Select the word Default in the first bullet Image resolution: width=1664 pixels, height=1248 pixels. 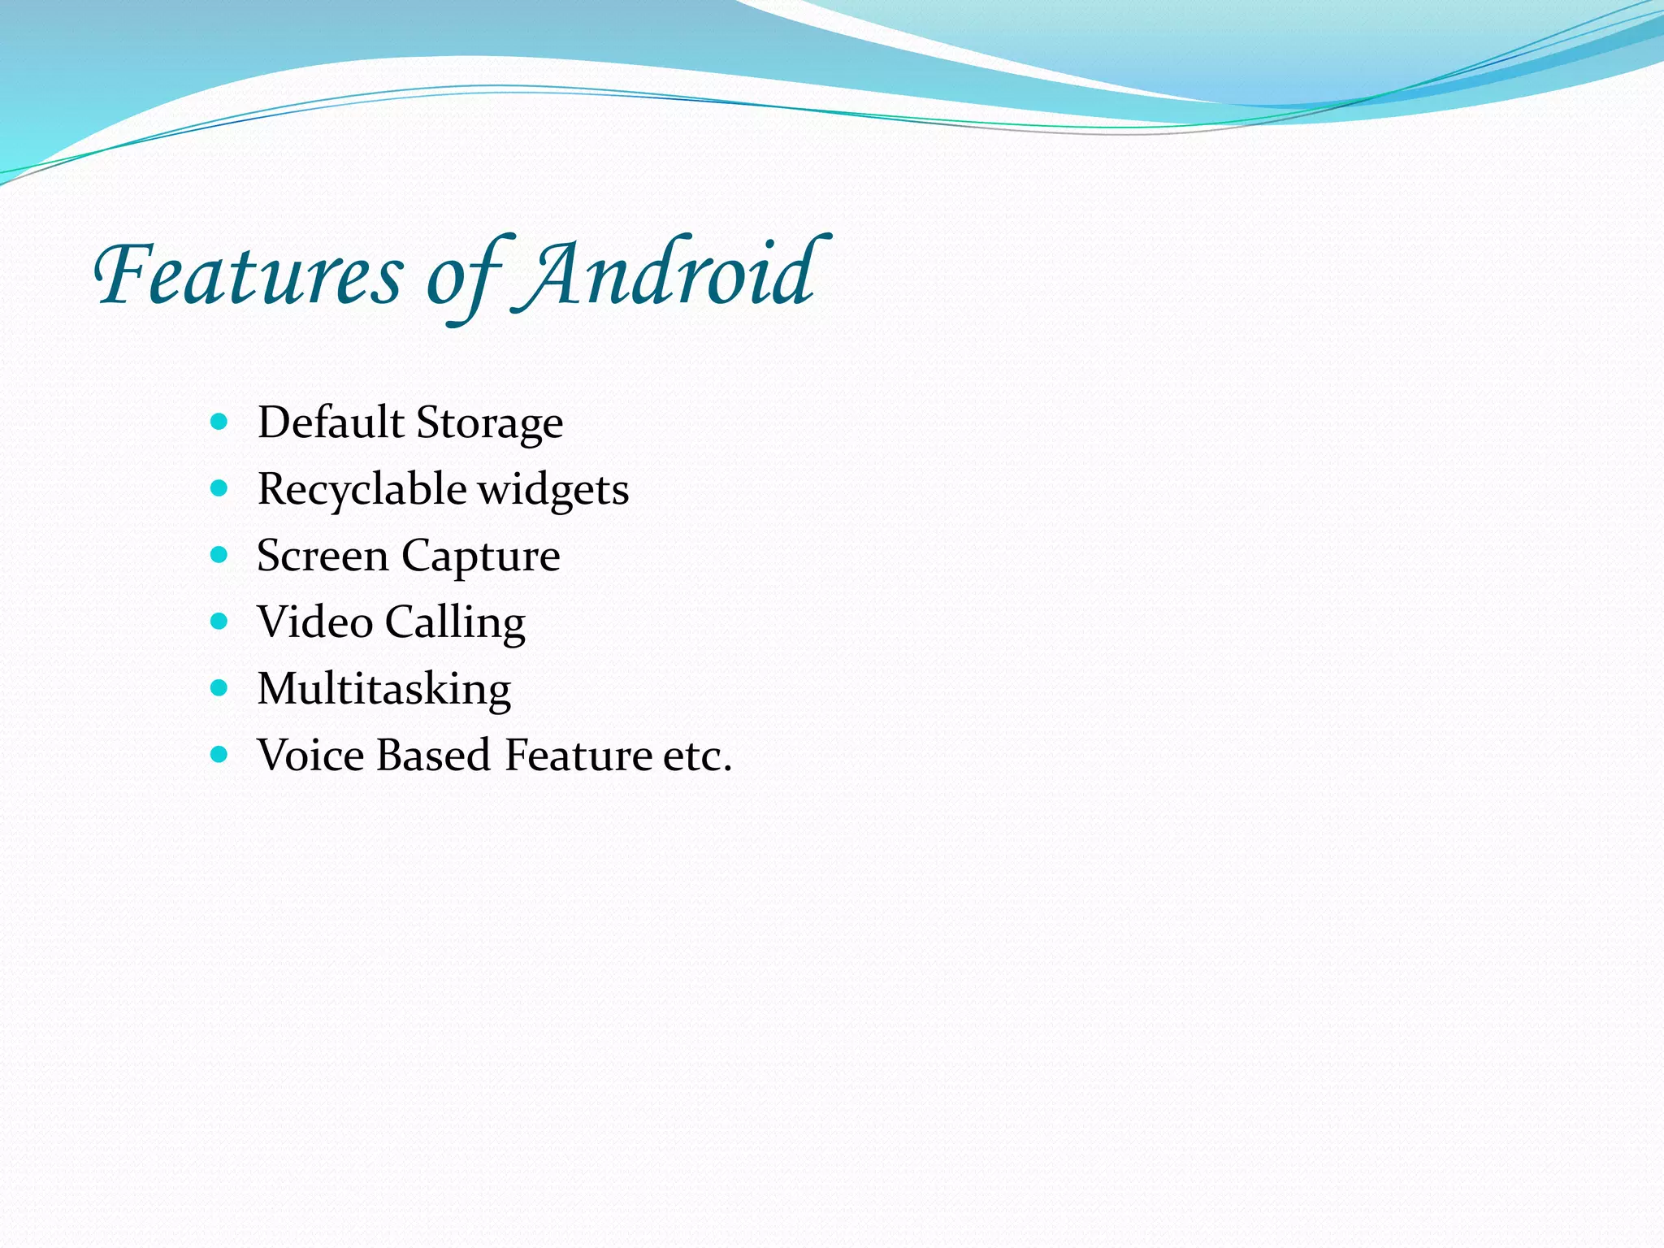click(331, 422)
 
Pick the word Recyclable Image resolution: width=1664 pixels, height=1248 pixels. click(362, 490)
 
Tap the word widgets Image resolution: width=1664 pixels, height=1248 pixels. click(553, 490)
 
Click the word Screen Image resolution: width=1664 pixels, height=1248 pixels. click(323, 557)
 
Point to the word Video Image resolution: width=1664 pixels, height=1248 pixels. click(315, 622)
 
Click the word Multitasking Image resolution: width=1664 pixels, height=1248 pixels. click(383, 690)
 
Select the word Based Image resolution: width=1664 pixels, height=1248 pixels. click(434, 756)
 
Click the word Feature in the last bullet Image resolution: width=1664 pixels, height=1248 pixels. click(578, 756)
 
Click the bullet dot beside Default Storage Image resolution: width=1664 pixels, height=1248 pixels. click(219, 422)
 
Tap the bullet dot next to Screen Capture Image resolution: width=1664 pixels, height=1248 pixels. click(219, 555)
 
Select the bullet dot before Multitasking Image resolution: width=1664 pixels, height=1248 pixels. click(219, 688)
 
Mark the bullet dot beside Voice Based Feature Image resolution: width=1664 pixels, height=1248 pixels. click(219, 755)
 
